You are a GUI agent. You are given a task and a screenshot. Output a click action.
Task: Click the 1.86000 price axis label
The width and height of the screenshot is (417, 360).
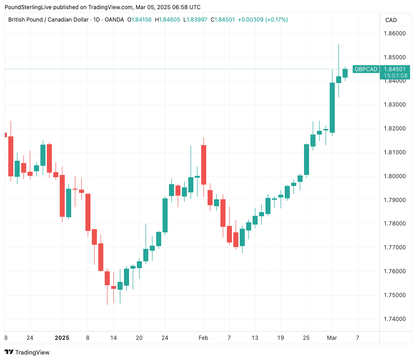tap(394, 34)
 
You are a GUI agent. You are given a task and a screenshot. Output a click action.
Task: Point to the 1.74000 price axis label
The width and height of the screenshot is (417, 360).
tap(394, 319)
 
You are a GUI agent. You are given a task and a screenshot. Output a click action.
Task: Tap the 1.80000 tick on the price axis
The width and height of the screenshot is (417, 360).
tap(394, 176)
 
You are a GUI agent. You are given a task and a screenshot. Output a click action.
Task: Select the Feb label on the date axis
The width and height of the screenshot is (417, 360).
tap(203, 338)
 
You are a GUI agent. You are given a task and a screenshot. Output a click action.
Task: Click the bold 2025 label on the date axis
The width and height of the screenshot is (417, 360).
tap(62, 338)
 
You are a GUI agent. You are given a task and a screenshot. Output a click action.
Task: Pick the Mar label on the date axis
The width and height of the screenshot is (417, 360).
tap(332, 338)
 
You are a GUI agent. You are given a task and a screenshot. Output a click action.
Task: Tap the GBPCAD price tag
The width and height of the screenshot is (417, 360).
tap(366, 69)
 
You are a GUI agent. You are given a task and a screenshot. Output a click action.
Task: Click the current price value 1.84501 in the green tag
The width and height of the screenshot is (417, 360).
tap(395, 69)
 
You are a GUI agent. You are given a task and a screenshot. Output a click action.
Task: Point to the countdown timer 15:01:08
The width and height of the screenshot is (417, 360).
tap(395, 75)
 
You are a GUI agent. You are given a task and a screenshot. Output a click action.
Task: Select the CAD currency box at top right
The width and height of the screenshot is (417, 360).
tap(391, 20)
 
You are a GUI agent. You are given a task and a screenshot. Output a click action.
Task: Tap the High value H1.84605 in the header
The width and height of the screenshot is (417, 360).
tap(168, 20)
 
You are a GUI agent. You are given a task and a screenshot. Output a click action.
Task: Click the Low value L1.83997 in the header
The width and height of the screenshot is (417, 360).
tap(196, 20)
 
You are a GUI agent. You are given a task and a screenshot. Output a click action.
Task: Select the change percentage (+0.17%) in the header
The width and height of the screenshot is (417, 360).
tap(276, 20)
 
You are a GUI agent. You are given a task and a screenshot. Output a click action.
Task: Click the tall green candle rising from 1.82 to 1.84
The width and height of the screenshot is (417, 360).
tap(332, 108)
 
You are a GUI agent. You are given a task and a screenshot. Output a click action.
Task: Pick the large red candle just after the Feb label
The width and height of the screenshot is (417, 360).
tap(203, 164)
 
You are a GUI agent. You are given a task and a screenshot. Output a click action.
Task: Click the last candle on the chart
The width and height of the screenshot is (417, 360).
tap(345, 73)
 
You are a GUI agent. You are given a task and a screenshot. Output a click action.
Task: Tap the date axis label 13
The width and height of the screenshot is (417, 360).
tap(255, 338)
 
